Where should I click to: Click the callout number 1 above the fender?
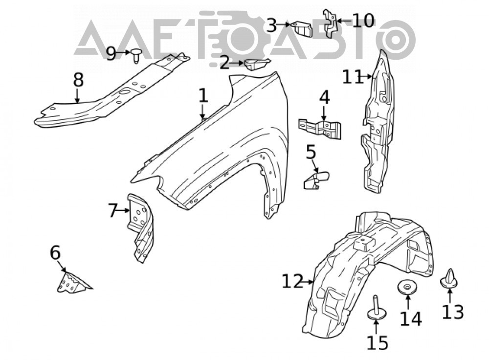click(203, 95)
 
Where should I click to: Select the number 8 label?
click(78, 80)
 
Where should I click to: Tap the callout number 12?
click(292, 281)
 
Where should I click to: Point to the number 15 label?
click(378, 342)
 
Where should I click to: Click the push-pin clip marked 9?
click(136, 56)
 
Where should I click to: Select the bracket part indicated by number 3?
click(302, 29)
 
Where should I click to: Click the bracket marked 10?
click(330, 23)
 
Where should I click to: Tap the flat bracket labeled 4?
click(320, 129)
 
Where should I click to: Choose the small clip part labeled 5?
click(315, 180)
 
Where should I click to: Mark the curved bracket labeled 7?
click(140, 227)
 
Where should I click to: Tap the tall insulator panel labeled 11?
click(378, 122)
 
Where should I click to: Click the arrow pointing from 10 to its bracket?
click(344, 21)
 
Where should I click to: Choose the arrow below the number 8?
click(77, 96)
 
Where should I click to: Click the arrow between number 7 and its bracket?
click(124, 211)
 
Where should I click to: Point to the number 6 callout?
click(55, 253)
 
